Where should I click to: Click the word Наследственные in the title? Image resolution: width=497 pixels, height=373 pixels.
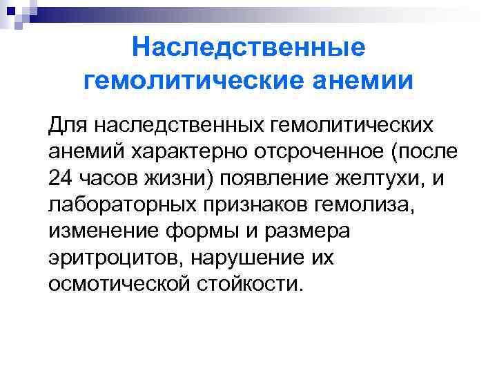point(248,48)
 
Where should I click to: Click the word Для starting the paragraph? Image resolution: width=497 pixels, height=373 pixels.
point(68,126)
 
